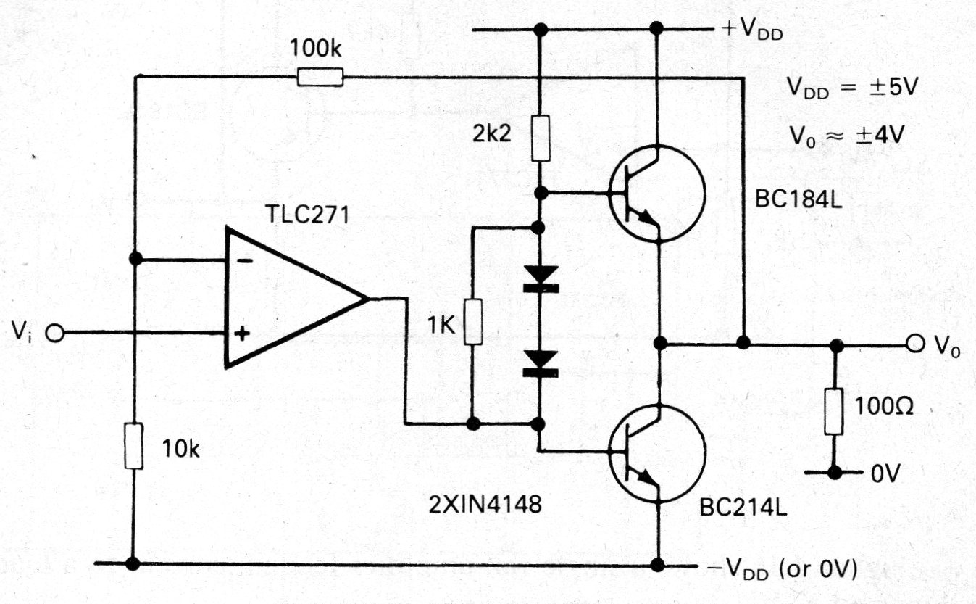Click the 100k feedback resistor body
320,77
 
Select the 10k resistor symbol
133,447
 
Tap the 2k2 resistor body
539,138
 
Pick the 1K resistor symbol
472,322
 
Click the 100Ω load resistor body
835,412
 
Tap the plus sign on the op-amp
243,334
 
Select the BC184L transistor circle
655,193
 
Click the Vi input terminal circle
54,334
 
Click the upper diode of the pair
540,280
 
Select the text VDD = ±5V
852,88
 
